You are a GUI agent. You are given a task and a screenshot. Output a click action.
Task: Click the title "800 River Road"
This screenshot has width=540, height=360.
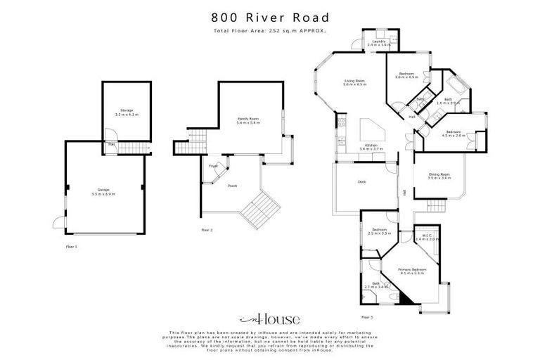(x=269, y=17)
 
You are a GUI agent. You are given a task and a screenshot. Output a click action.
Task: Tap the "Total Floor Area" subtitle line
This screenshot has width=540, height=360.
(x=269, y=32)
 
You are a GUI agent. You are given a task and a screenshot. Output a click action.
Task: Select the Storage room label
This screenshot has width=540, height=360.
(x=127, y=112)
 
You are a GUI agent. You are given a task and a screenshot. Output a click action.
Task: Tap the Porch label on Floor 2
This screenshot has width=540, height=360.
(x=232, y=186)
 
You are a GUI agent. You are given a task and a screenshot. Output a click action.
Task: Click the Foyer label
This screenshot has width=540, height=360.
(x=213, y=166)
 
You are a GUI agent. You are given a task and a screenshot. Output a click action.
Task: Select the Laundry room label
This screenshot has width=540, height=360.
(x=379, y=42)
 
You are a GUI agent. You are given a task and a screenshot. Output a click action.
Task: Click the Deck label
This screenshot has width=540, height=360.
(x=361, y=182)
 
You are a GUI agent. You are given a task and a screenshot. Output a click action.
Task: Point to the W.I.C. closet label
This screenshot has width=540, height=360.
(x=427, y=238)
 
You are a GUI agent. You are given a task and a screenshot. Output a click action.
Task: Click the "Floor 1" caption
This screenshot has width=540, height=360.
(x=71, y=247)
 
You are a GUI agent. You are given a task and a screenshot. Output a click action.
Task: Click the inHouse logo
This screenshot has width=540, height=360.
(x=270, y=319)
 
